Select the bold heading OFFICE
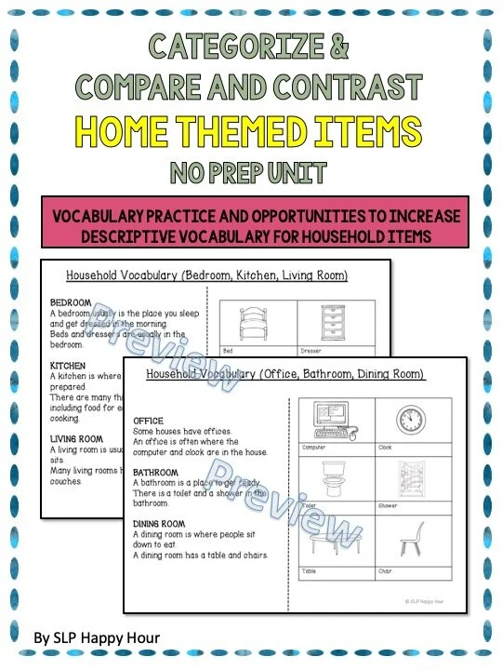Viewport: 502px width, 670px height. (x=148, y=421)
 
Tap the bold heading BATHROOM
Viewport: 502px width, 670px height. (x=156, y=472)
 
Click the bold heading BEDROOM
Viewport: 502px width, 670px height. (x=70, y=303)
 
